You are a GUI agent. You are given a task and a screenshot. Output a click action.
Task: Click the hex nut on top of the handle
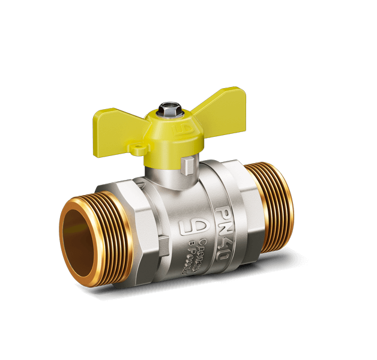click(166, 113)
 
